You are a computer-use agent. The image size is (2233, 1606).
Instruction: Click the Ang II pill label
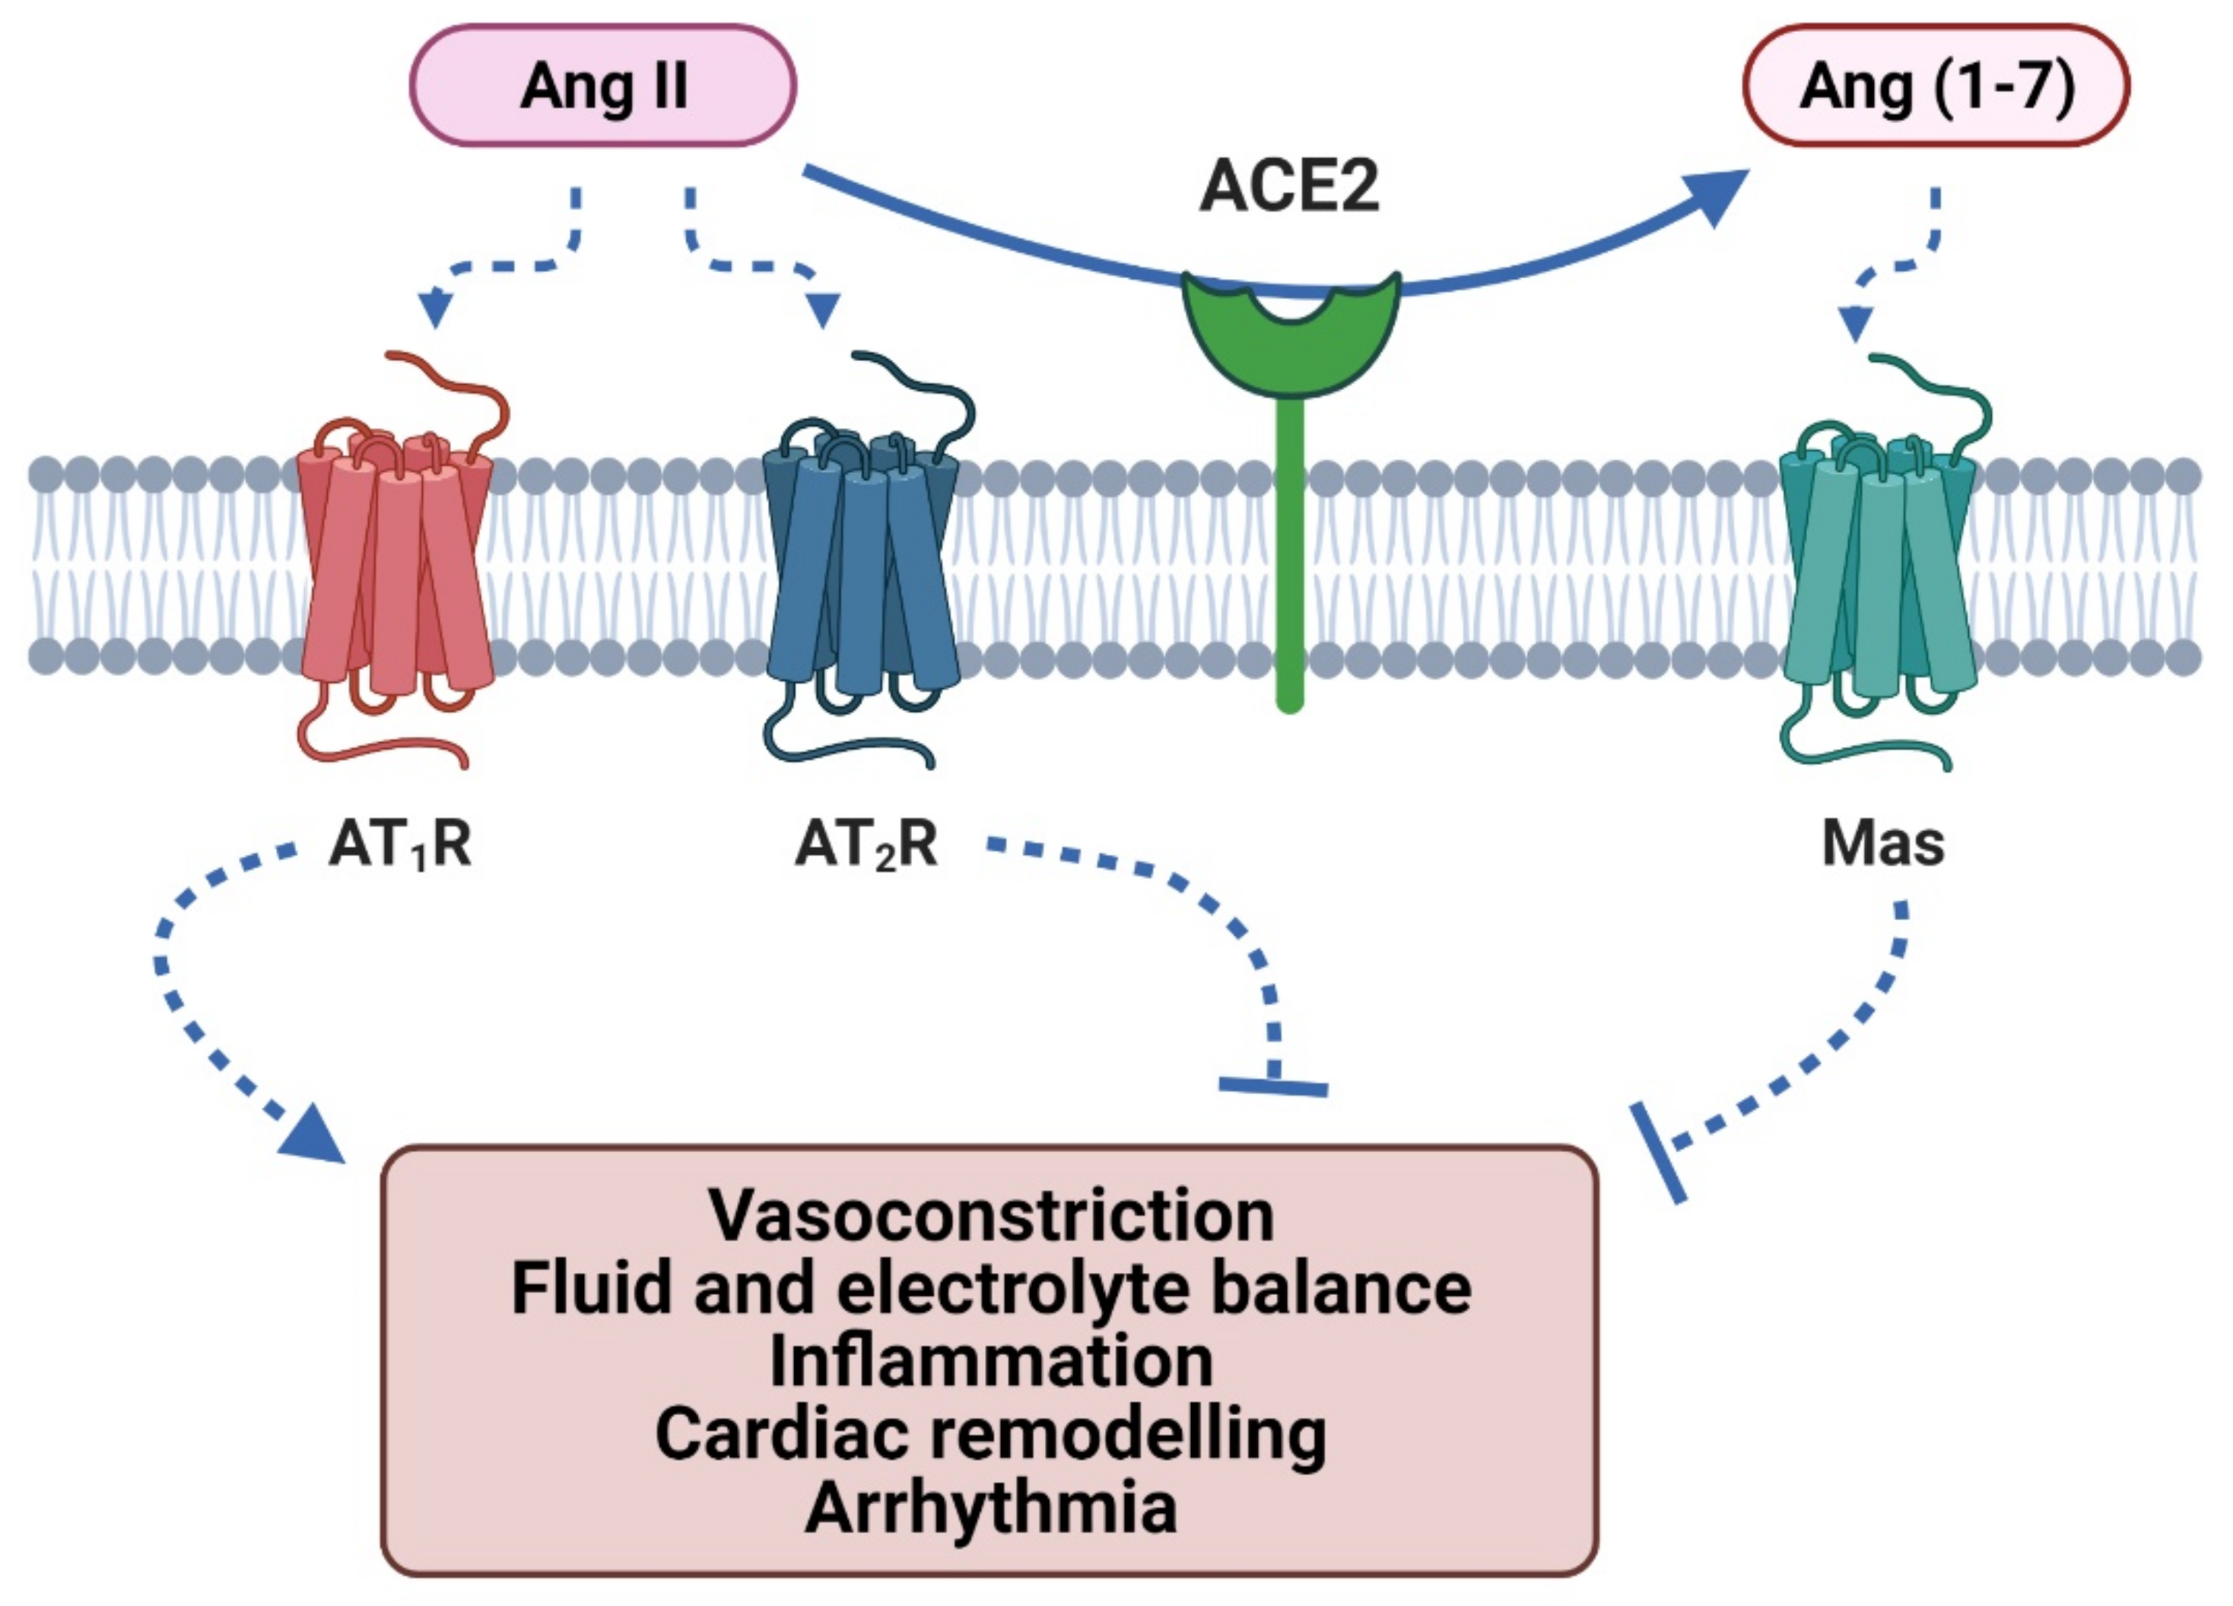click(x=602, y=87)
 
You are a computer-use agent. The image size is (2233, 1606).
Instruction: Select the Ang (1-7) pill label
click(x=1936, y=87)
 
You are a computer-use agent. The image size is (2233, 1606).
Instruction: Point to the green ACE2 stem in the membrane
click(x=1290, y=551)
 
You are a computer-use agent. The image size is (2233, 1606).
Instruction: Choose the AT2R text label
click(x=866, y=844)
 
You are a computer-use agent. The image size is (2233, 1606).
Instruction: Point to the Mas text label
click(x=1882, y=844)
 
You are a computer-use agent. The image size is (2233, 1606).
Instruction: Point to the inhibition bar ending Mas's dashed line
click(x=1658, y=1153)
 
